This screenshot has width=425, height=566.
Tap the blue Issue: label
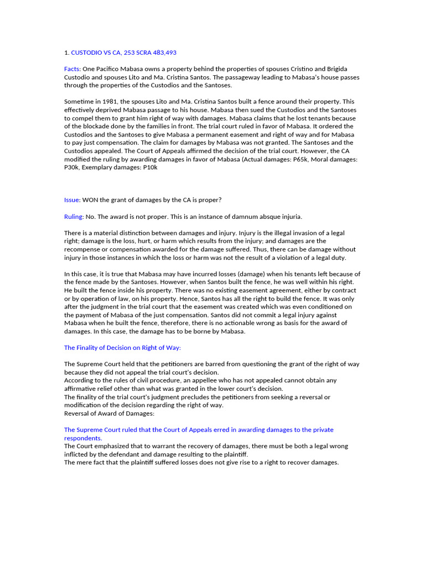[x=72, y=200]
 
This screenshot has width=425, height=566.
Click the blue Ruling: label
[x=74, y=216]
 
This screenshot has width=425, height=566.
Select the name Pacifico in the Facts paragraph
[x=108, y=69]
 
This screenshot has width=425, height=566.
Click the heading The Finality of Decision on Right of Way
[x=122, y=348]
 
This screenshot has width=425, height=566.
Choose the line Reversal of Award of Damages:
[x=110, y=413]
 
